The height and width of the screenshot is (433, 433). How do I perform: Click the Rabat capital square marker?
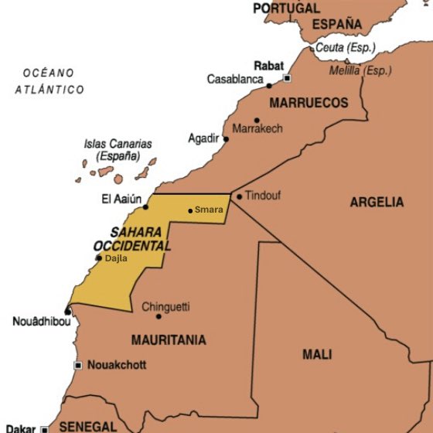tap(287, 78)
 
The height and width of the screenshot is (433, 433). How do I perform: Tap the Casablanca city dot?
tap(269, 85)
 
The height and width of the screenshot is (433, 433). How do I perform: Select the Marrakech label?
tap(257, 128)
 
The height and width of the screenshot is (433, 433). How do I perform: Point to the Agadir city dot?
tap(226, 139)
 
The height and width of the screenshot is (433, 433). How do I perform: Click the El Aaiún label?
tap(121, 199)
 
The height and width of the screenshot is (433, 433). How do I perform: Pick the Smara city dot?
tap(190, 210)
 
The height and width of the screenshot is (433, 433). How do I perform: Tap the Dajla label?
tap(116, 259)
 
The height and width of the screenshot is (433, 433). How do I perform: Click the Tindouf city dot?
tap(240, 196)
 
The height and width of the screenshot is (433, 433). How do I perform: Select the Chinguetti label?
tap(165, 306)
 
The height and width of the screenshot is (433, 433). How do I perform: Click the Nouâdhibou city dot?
tap(67, 312)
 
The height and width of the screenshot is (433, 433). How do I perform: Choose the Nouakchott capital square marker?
tap(78, 365)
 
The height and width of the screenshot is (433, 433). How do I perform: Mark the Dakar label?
tap(21, 428)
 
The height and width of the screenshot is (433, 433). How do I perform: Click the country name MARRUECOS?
tap(308, 103)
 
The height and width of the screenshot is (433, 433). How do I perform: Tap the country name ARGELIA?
tap(377, 203)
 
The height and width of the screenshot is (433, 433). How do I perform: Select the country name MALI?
tap(317, 354)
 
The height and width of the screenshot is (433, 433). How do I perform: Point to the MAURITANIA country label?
tap(169, 339)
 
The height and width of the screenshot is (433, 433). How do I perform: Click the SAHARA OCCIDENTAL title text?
tap(131, 238)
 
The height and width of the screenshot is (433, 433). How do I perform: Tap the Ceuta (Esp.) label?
tap(345, 48)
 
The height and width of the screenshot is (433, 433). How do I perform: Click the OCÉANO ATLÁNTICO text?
tap(49, 81)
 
